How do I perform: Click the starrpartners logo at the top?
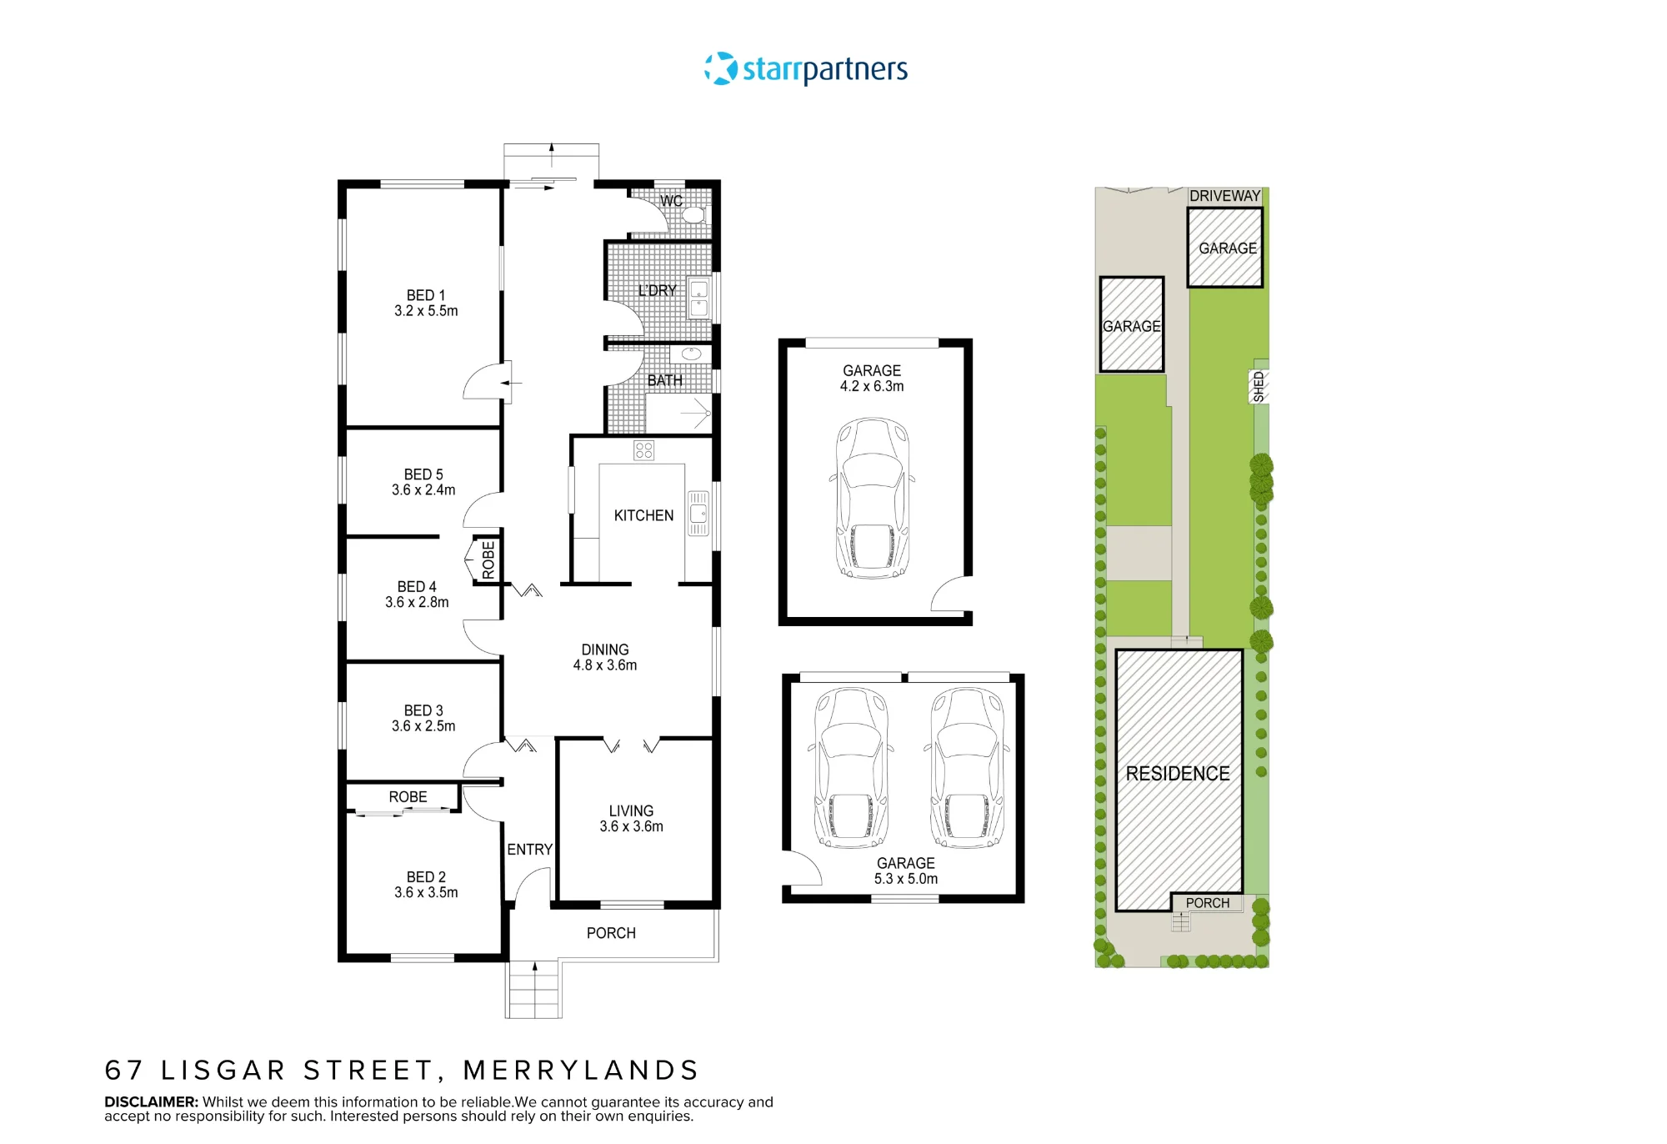[806, 68]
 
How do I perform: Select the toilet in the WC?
[693, 214]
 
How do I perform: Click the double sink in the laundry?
[698, 299]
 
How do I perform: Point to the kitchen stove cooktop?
[643, 450]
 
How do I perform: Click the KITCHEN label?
[643, 515]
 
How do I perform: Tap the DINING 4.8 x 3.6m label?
[605, 657]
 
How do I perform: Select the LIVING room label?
[631, 810]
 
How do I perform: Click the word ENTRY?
[530, 849]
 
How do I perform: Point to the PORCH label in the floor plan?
[611, 933]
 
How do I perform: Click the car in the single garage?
[872, 498]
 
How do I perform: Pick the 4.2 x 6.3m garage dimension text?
[872, 386]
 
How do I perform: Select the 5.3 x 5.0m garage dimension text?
[906, 879]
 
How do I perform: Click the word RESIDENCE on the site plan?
[1178, 774]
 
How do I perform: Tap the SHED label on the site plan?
[1259, 387]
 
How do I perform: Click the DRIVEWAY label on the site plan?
[1225, 196]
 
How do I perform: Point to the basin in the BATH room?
[691, 354]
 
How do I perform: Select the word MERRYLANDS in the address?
[581, 1070]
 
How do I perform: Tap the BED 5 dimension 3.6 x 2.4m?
[423, 489]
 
